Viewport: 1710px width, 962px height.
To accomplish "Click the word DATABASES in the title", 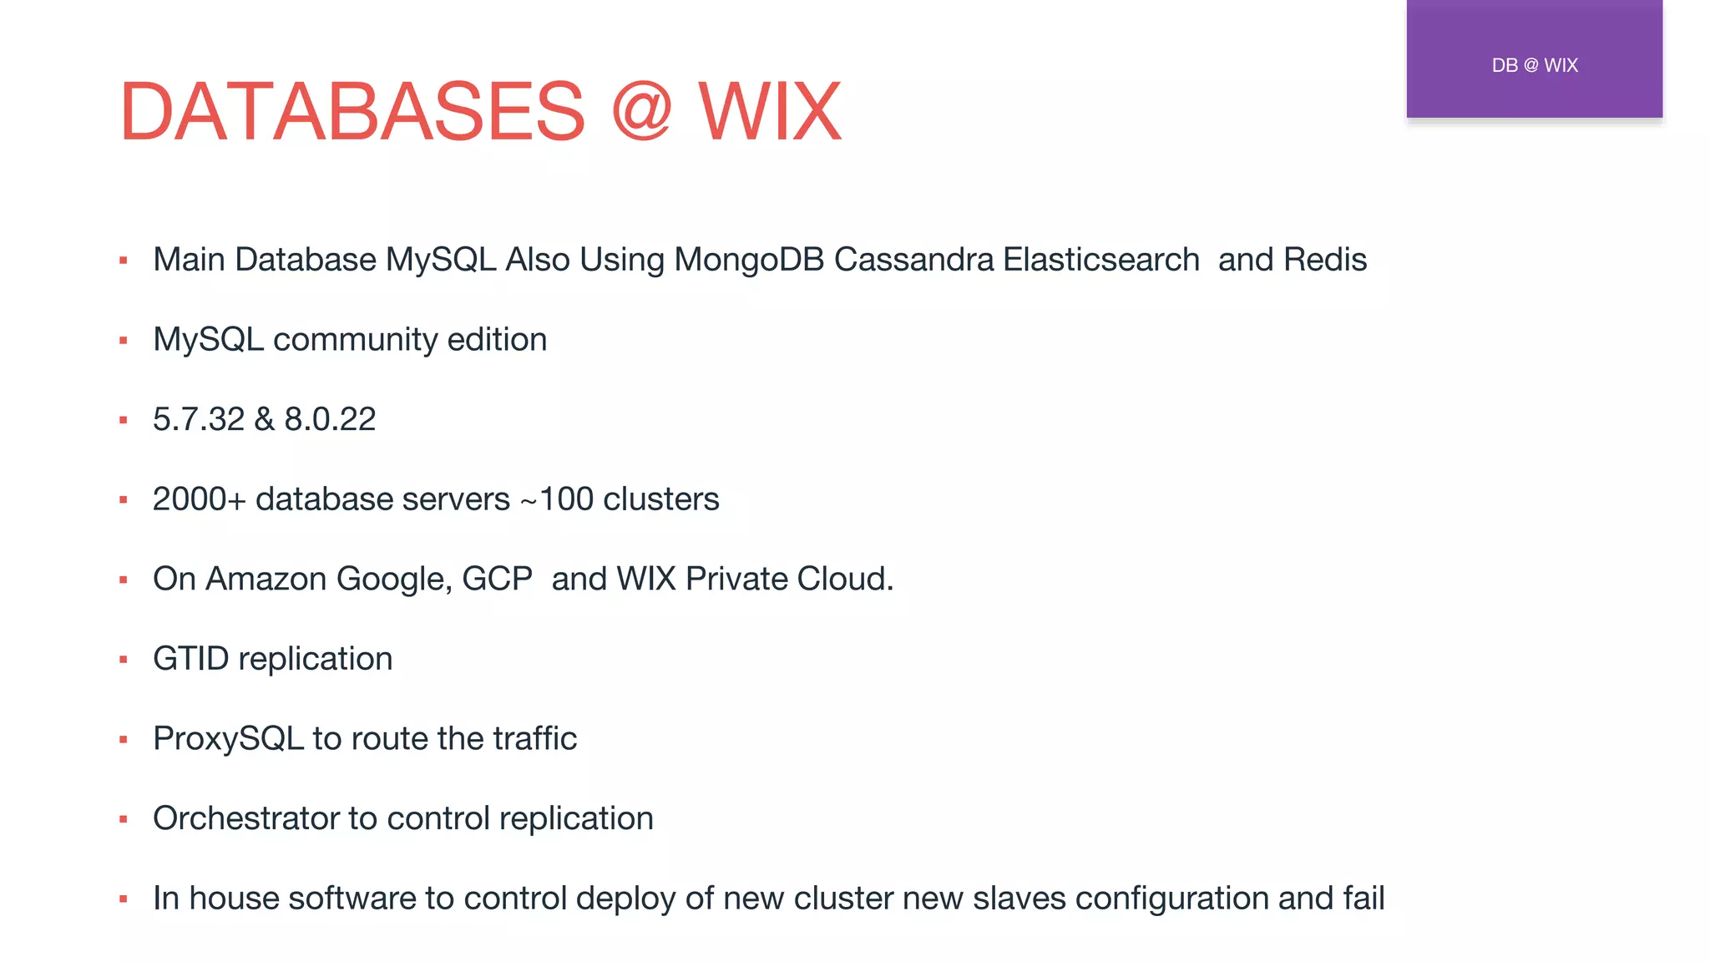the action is point(352,112).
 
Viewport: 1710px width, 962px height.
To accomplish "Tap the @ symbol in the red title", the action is point(641,112).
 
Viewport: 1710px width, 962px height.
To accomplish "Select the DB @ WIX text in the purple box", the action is point(1535,65).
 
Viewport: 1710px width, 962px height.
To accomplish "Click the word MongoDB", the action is point(749,260).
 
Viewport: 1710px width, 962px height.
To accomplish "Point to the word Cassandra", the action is point(913,260).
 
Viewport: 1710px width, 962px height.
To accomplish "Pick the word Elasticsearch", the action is point(1101,260).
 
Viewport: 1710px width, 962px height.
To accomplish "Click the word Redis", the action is point(1325,260).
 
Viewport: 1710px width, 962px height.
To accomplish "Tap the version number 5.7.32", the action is point(199,419).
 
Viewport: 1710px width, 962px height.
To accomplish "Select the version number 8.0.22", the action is point(330,419).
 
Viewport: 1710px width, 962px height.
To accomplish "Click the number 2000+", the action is point(199,499).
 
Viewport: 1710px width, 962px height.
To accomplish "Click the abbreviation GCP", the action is point(497,579).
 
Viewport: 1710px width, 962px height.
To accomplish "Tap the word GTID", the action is point(190,659).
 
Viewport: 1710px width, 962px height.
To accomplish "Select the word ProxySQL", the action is point(228,739).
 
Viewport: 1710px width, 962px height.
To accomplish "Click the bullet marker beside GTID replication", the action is point(124,660).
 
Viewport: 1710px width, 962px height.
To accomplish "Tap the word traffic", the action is point(534,739).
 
